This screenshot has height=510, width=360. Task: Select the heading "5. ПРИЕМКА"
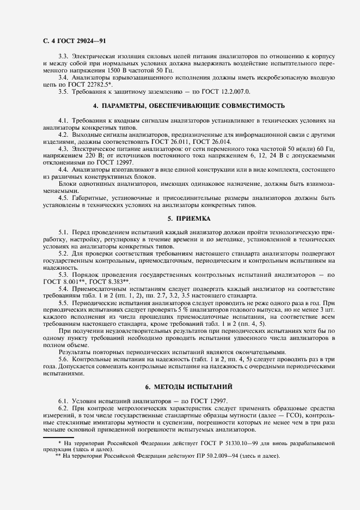180,218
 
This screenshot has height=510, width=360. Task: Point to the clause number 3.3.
63,56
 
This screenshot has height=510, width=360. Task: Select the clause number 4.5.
63,198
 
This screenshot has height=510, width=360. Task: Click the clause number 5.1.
63,233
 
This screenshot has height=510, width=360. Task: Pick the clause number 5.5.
63,302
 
